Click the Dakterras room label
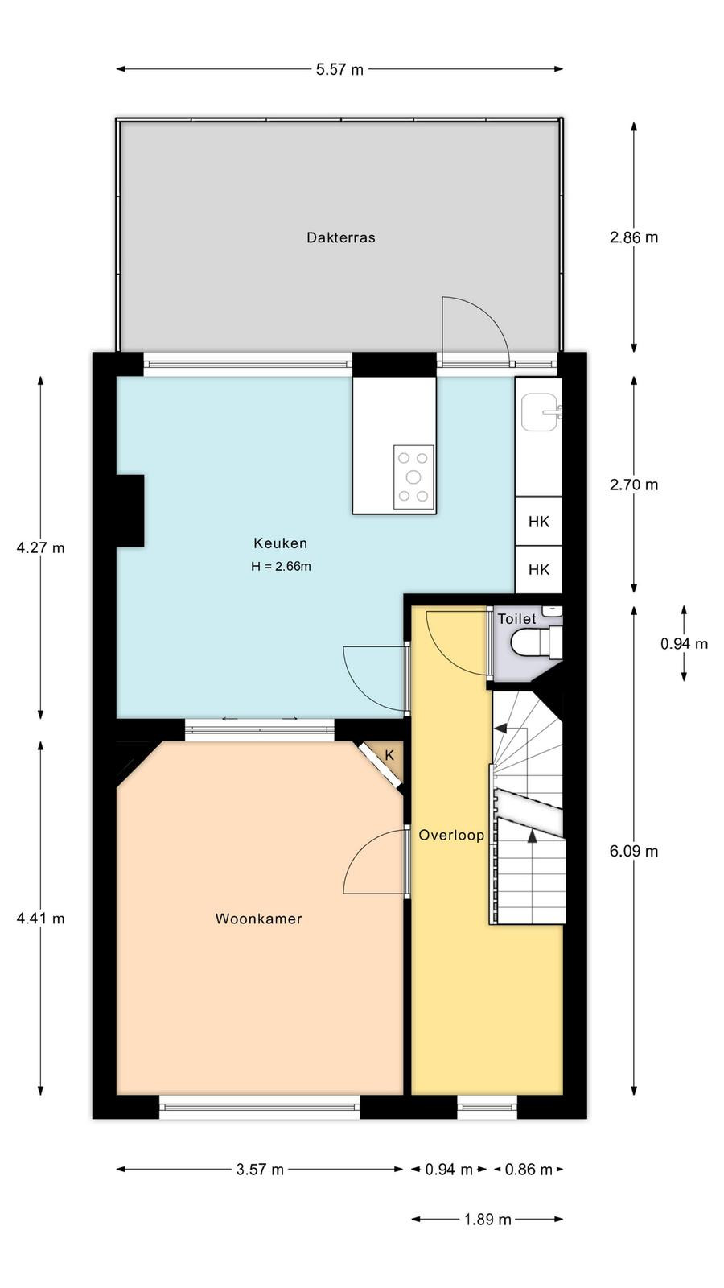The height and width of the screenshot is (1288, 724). [x=341, y=237]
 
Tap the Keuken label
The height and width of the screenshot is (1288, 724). [x=281, y=543]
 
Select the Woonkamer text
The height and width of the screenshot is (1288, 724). [x=258, y=919]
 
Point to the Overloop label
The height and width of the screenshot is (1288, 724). [x=451, y=835]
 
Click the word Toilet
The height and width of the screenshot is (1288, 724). [x=516, y=619]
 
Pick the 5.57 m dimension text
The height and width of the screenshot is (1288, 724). [x=339, y=69]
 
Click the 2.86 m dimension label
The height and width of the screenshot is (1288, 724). [x=634, y=237]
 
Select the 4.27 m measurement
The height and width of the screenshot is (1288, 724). [x=40, y=547]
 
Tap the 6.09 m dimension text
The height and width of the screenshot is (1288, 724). [x=634, y=850]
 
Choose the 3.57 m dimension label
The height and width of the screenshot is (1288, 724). [x=260, y=1170]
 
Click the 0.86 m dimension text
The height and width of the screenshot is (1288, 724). [x=529, y=1170]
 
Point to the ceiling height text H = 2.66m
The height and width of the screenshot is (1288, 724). [x=281, y=567]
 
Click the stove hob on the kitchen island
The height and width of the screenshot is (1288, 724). [x=413, y=477]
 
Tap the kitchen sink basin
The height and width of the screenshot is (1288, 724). [x=540, y=412]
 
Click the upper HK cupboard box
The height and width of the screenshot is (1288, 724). [x=538, y=522]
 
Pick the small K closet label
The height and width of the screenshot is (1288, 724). [x=389, y=755]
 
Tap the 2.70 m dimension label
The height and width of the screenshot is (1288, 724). [x=634, y=485]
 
